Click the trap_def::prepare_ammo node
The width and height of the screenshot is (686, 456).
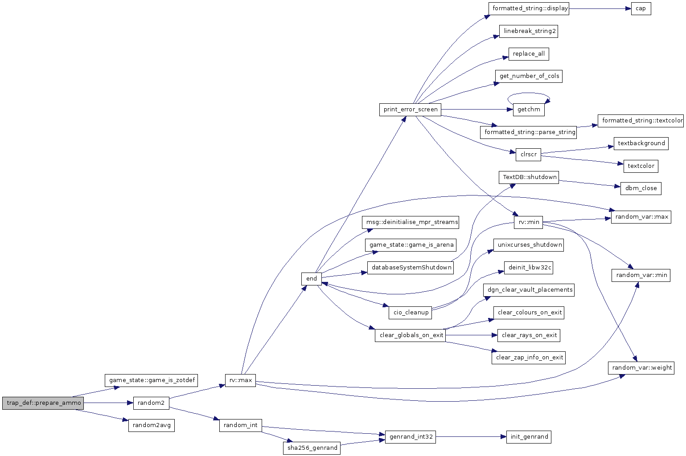coord(43,403)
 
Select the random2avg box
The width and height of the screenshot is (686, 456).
coord(151,425)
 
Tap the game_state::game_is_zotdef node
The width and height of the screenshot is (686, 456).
coord(152,380)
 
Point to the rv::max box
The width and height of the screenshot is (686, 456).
coord(240,380)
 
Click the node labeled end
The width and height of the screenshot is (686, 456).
coord(312,278)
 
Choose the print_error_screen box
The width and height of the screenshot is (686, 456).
coord(410,110)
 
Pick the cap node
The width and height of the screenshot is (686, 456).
coord(641,8)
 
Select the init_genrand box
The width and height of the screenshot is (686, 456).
coord(529,437)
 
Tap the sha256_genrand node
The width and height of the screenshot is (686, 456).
coord(312,448)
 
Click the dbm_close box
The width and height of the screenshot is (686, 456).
coord(641,188)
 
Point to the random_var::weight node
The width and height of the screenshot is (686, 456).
coord(641,367)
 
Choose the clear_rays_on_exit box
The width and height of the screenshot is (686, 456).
coord(529,335)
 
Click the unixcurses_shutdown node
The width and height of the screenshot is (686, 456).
coord(529,245)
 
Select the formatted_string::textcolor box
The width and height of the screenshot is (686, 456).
coord(641,121)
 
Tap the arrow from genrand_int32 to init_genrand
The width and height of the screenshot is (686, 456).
coord(471,437)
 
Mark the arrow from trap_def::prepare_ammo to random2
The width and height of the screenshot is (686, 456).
coord(108,403)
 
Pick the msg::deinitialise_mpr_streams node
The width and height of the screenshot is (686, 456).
coord(411,222)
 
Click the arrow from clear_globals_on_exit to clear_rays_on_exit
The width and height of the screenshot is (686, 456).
coord(471,335)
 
